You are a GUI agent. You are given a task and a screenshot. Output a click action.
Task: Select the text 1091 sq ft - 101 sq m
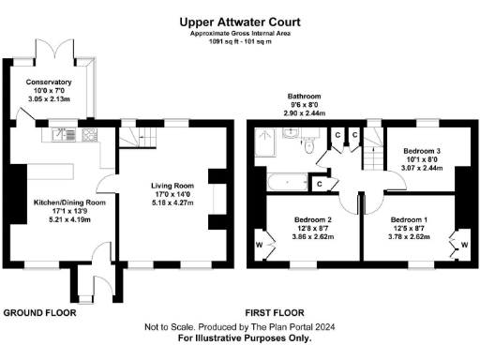pyautogui.click(x=241, y=41)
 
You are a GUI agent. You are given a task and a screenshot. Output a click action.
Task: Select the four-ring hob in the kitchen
pyautogui.click(x=90, y=133)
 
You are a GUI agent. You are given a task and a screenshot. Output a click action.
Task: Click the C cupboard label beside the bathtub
pyautogui.click(x=320, y=185)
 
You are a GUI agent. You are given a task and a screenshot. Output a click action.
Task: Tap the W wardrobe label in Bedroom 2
pyautogui.click(x=259, y=247)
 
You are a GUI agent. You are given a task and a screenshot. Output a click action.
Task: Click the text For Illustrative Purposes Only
pyautogui.click(x=240, y=337)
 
